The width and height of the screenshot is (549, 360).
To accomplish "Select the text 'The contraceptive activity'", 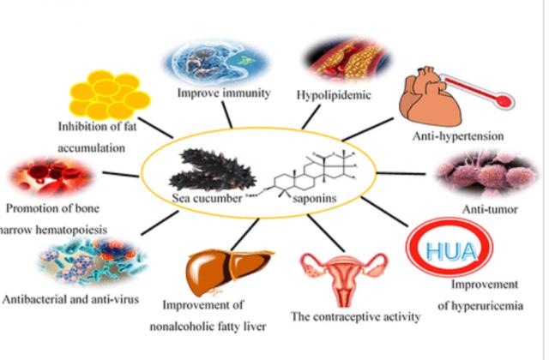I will [x=357, y=316].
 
